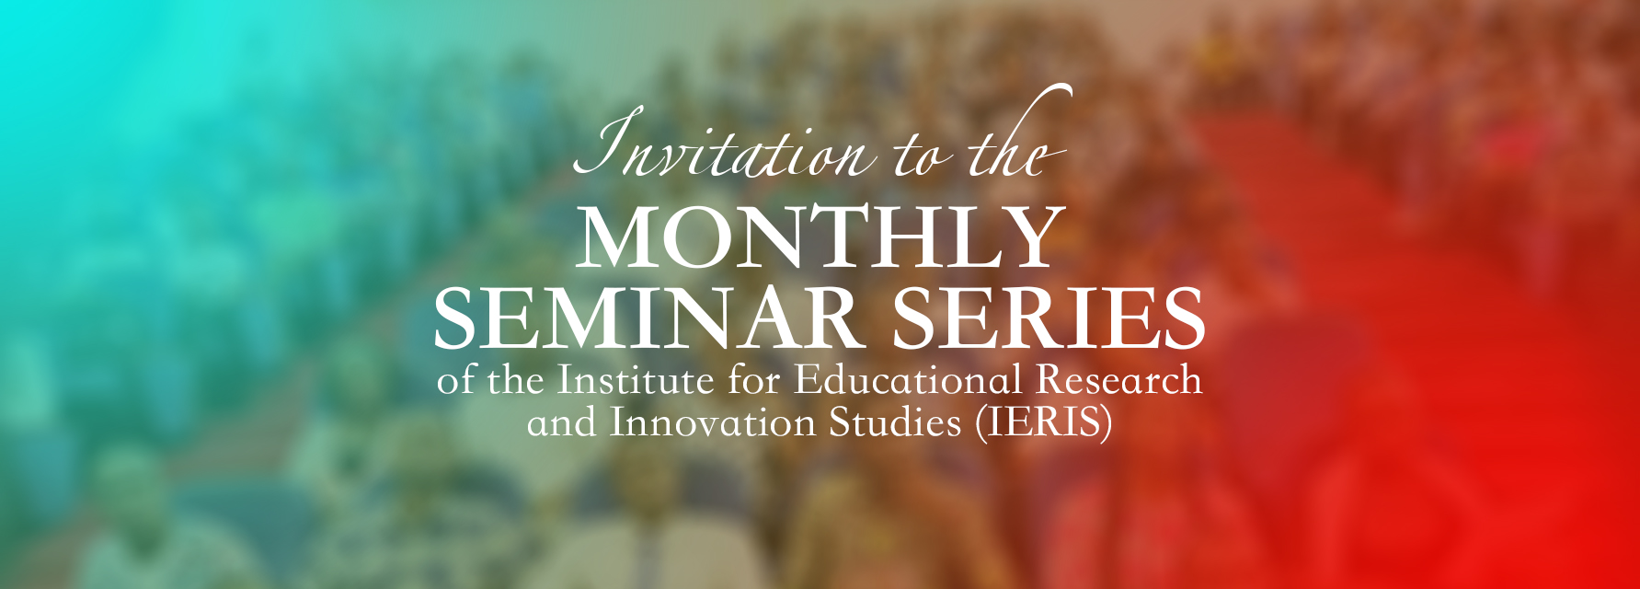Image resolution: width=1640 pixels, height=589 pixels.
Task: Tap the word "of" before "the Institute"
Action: click(455, 380)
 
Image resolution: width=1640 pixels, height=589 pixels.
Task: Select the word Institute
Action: click(636, 380)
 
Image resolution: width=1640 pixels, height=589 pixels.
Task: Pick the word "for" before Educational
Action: click(754, 380)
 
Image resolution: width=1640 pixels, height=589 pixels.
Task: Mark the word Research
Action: click(1133, 380)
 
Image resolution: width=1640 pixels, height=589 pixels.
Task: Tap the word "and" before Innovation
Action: click(562, 423)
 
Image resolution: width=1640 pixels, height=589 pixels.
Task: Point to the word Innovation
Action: click(713, 423)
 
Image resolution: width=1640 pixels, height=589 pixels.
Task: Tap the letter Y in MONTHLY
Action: click(1033, 238)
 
